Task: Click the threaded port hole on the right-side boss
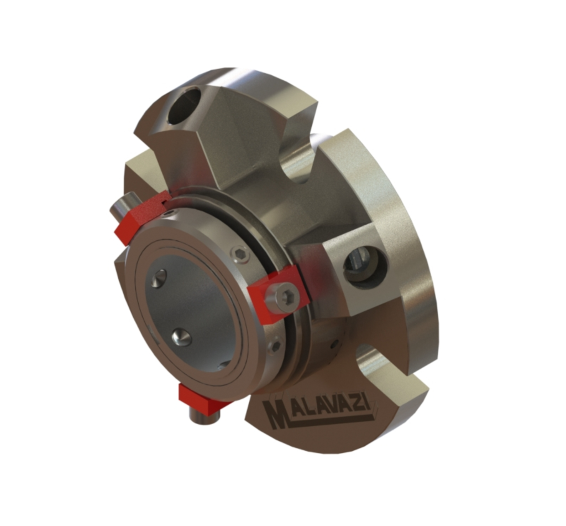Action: click(x=364, y=265)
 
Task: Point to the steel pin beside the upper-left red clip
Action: click(x=120, y=208)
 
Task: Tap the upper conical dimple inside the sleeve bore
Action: click(x=159, y=279)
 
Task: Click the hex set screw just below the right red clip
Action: click(x=275, y=347)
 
